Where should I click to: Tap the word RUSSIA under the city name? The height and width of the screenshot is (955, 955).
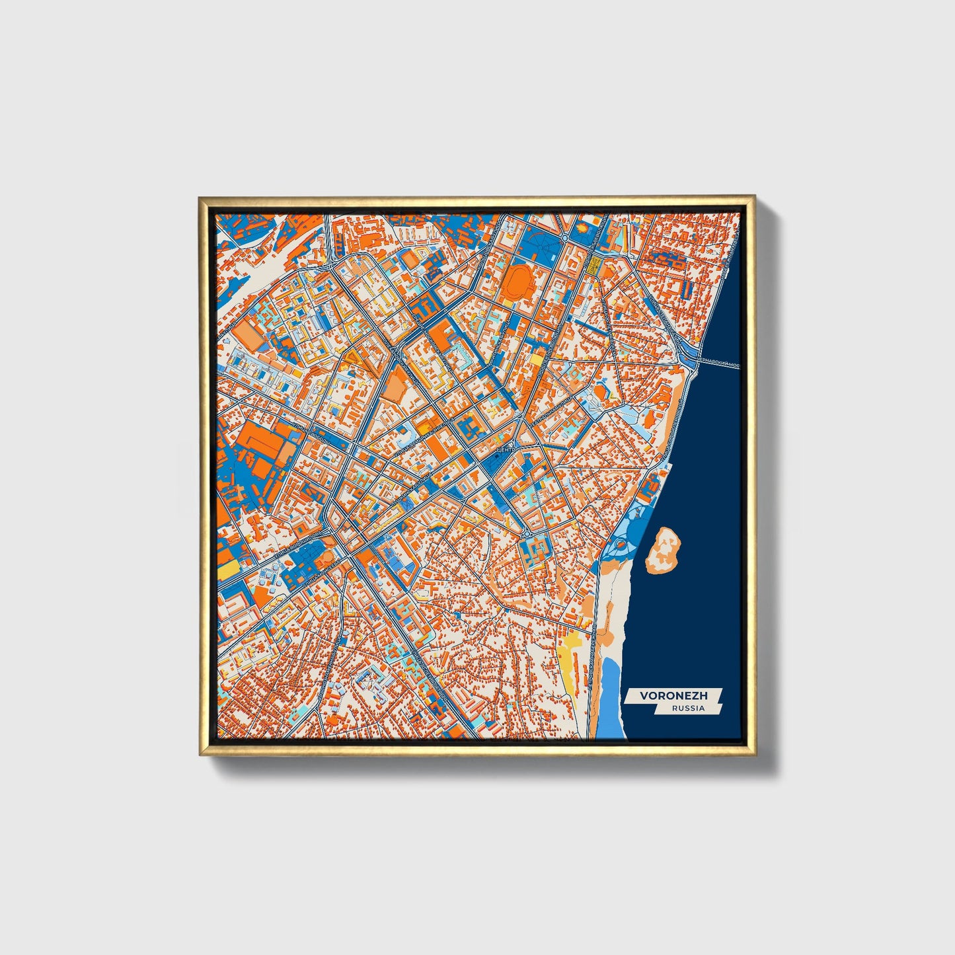point(688,708)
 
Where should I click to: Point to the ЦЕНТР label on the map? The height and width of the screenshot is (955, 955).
point(504,450)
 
